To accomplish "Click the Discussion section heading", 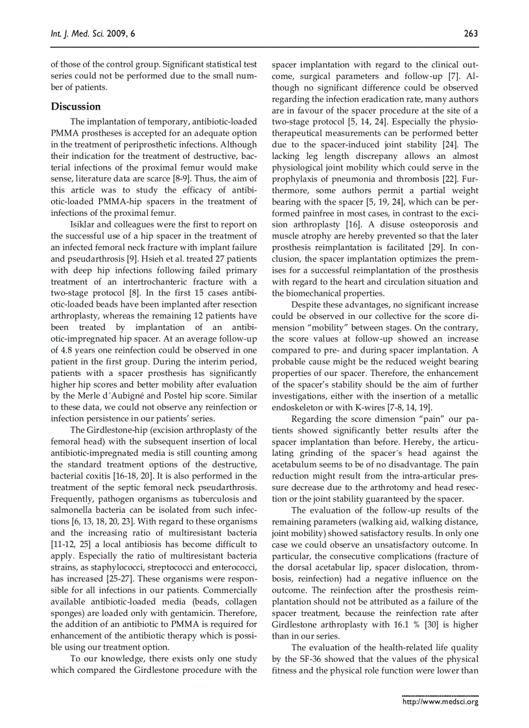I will click(76, 106).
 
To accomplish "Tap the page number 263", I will click(471, 34).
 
